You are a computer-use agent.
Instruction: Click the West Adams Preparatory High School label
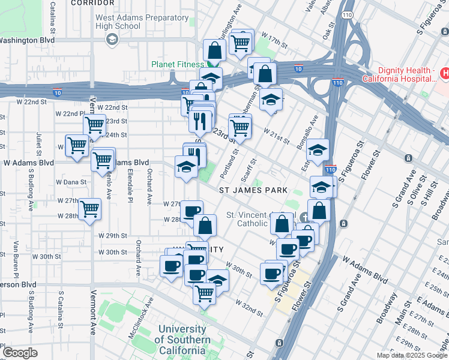click(x=118, y=22)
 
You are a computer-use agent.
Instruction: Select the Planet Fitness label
click(x=178, y=64)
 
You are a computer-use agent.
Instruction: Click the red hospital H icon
click(x=445, y=74)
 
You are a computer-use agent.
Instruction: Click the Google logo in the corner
click(x=20, y=353)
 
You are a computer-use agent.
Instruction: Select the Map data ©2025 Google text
click(x=412, y=355)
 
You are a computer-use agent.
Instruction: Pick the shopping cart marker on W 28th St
click(x=90, y=209)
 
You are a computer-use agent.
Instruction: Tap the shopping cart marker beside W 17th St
click(x=241, y=41)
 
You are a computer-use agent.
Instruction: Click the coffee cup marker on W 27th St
click(x=191, y=211)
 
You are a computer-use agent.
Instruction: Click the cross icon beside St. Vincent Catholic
click(x=306, y=215)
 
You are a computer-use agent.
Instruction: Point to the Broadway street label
click(x=384, y=308)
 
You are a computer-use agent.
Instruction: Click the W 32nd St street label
click(x=249, y=308)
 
